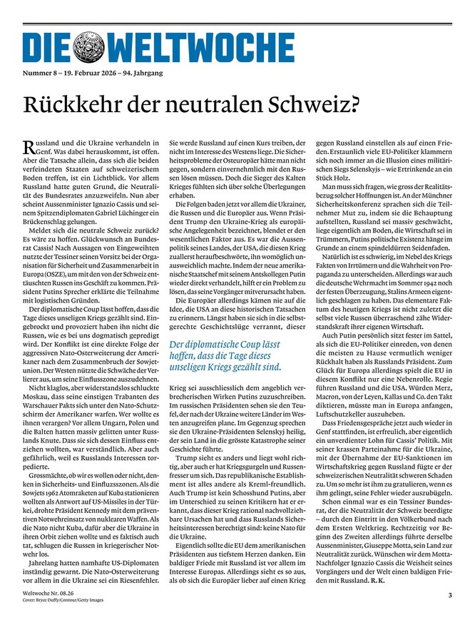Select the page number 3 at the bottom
coord(450,594)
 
